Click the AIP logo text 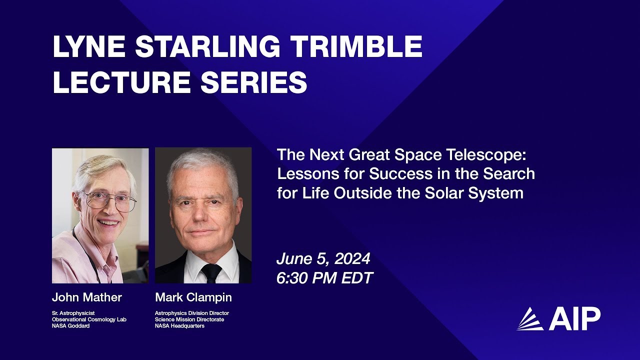click(574, 319)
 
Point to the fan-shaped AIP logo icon click(530, 319)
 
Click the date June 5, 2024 click(323, 259)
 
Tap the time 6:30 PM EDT click(324, 278)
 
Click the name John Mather click(87, 297)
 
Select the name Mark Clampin click(193, 297)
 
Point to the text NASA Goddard click(67, 326)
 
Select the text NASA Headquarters click(179, 326)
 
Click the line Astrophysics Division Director click(192, 313)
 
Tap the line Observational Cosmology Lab click(89, 319)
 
